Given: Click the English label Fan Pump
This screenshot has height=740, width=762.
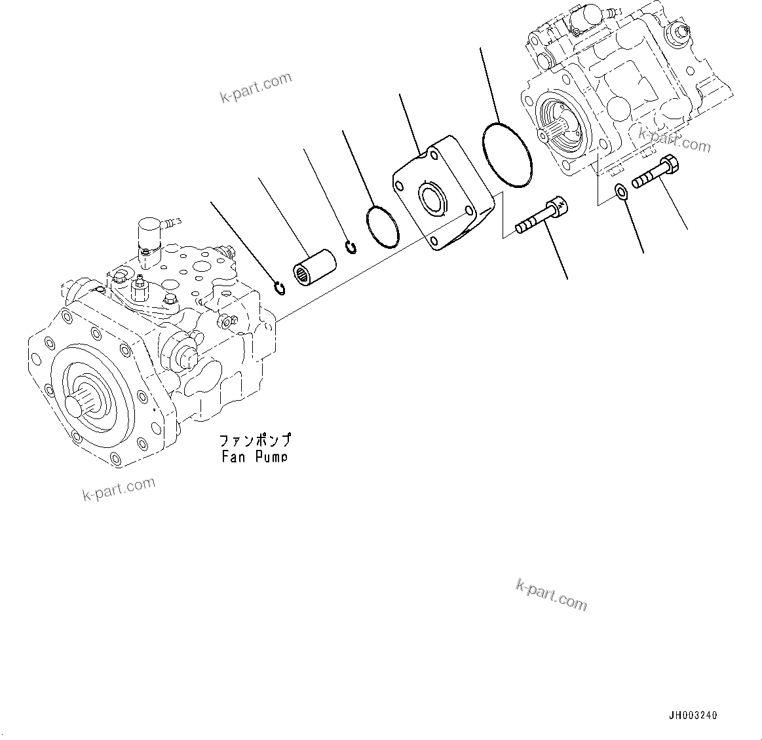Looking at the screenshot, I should click(254, 456).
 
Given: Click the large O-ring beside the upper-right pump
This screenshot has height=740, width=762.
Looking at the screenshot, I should click(507, 155).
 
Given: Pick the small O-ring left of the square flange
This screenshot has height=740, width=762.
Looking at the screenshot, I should click(383, 227).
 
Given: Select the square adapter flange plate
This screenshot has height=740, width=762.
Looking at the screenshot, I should click(443, 194).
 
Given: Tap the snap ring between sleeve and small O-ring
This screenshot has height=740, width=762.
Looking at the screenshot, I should click(351, 248).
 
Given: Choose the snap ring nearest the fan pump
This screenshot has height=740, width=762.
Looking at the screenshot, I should click(280, 287).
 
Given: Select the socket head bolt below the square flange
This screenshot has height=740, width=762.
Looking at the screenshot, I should click(541, 216).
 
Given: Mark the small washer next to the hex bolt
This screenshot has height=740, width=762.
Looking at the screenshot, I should click(620, 191).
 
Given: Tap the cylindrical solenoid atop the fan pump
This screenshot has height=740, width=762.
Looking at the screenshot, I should click(147, 232).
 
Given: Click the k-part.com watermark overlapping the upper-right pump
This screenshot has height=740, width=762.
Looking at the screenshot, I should click(674, 140).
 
